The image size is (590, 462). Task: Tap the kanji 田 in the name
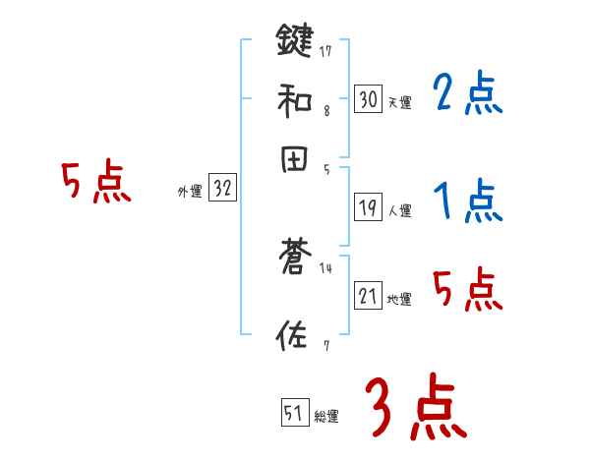(294, 158)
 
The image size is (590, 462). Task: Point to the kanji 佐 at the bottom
(294, 335)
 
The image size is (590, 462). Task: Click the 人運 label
(399, 210)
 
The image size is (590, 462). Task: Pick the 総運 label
(326, 416)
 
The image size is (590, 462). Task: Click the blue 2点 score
(467, 94)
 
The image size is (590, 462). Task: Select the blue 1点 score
(467, 202)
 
